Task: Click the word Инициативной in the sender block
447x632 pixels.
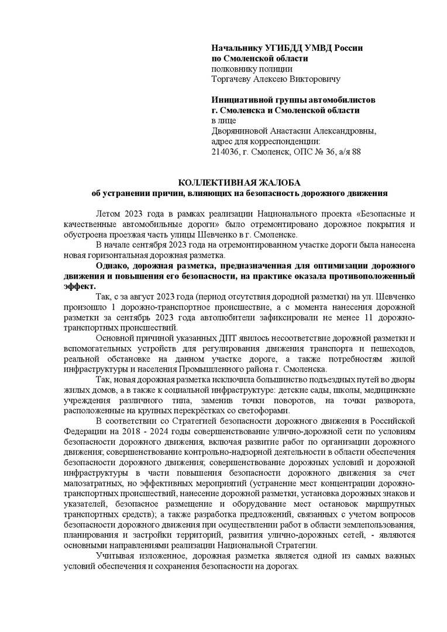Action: point(244,100)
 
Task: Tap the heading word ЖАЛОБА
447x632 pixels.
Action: point(275,183)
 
